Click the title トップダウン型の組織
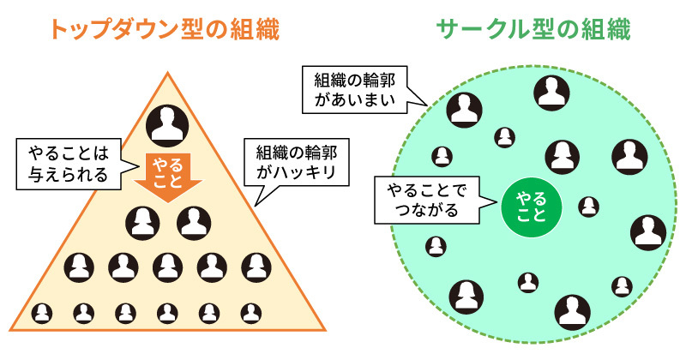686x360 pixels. point(164,31)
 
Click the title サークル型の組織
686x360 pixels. point(533,31)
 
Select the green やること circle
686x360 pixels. point(530,207)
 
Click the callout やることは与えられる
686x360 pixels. point(69,164)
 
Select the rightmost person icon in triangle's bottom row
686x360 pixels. point(250,313)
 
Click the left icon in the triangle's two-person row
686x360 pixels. point(143,223)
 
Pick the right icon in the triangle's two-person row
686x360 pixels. point(194,223)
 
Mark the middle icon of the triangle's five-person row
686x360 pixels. point(168,267)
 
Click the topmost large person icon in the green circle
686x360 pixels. point(550,92)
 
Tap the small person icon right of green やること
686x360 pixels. point(588,206)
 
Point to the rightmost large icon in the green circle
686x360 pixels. point(647,231)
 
